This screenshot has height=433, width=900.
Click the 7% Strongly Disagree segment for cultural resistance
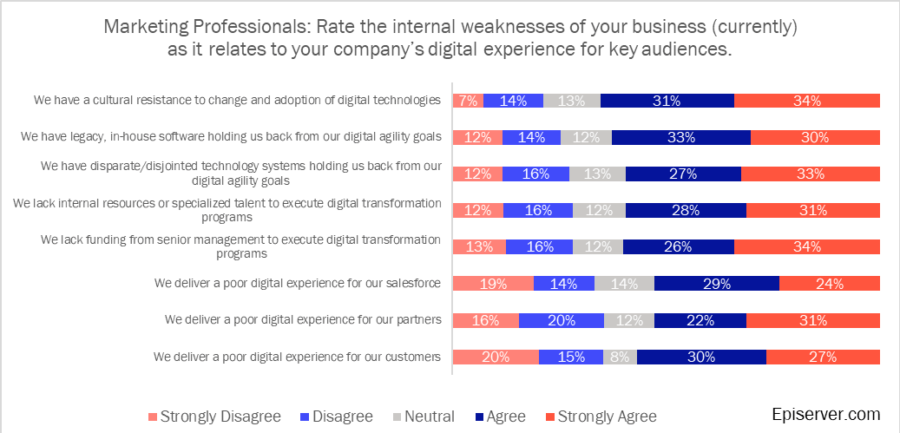469,101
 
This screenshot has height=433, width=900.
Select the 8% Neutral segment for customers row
620,357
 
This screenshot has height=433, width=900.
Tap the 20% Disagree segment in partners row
562,320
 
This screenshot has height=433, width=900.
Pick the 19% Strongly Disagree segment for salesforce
493,283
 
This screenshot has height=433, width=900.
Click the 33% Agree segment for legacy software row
681,137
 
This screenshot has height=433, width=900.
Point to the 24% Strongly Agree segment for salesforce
830,283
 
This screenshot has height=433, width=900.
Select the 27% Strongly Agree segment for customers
823,357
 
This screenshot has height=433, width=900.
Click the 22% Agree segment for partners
700,320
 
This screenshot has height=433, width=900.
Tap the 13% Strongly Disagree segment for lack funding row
479,246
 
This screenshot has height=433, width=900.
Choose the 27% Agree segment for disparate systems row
683,174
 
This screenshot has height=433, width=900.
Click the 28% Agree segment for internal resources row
686,210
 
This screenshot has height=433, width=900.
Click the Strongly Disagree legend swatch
153,417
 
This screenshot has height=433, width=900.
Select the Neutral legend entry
424,417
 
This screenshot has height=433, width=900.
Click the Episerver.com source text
825,414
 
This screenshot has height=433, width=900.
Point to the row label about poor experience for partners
303,319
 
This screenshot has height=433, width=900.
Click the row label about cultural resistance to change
237,100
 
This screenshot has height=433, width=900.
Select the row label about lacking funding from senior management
240,246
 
